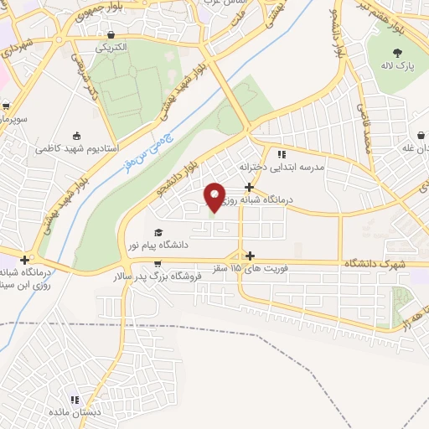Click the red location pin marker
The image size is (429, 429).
[215, 197]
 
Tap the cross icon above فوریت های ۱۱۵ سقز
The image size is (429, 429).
[250, 255]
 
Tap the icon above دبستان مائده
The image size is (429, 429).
[75, 400]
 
